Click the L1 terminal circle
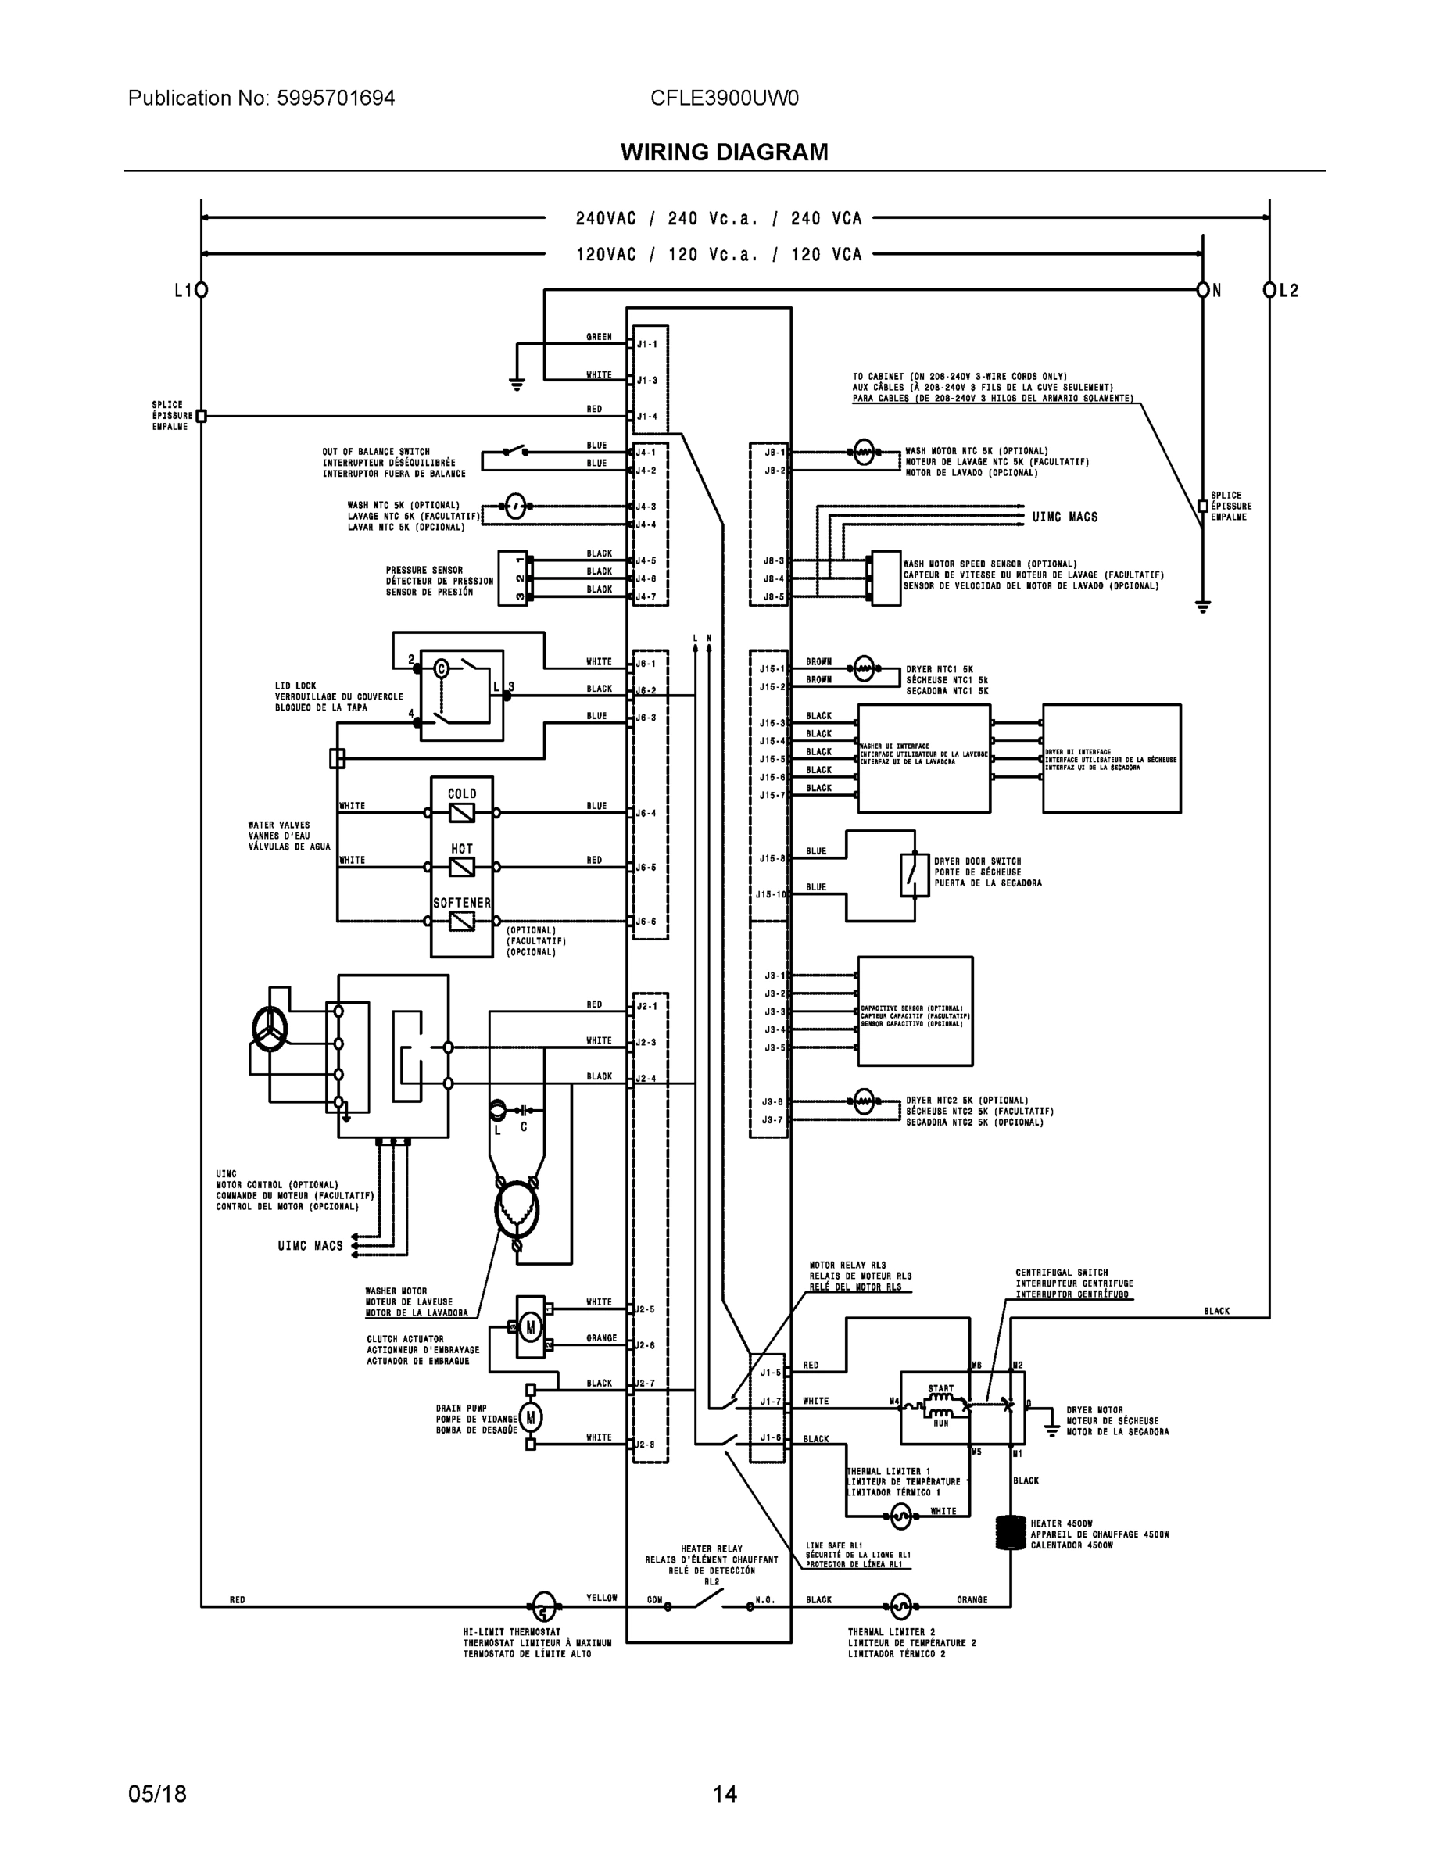pyautogui.click(x=201, y=290)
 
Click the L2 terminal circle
pyautogui.click(x=1269, y=290)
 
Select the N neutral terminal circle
pyautogui.click(x=1203, y=290)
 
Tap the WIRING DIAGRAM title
pyautogui.click(x=724, y=152)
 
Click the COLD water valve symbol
pyautogui.click(x=461, y=813)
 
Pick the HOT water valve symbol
pyautogui.click(x=461, y=867)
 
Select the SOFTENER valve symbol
pyautogui.click(x=461, y=921)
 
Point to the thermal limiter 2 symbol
pyautogui.click(x=900, y=1606)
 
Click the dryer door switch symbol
pyautogui.click(x=914, y=875)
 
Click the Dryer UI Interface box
pyautogui.click(x=1112, y=758)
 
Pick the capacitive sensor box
pyautogui.click(x=915, y=1011)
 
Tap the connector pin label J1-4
pyautogui.click(x=648, y=417)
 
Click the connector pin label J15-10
pyautogui.click(x=771, y=894)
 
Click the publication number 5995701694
pyautogui.click(x=335, y=98)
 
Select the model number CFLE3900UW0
pyautogui.click(x=724, y=98)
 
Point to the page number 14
pyautogui.click(x=724, y=1794)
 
